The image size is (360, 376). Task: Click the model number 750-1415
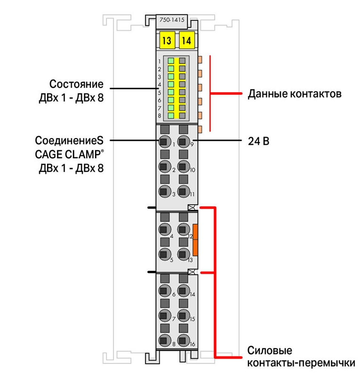(172, 20)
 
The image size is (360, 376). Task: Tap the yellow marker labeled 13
(167, 40)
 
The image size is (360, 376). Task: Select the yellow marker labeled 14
(187, 40)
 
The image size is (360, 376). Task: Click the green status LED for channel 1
(171, 61)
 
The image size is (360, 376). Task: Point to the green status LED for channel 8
(171, 115)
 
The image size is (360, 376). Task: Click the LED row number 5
(160, 93)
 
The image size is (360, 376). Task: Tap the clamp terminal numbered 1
(165, 141)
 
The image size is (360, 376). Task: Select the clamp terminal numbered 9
(183, 141)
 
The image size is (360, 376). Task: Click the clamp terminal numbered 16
(183, 340)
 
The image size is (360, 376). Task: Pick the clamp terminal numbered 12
(183, 229)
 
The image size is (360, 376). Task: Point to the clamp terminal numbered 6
(165, 290)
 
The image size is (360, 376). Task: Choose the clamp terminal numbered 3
(165, 191)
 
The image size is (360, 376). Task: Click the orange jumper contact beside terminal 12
(195, 240)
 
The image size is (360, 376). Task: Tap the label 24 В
(258, 141)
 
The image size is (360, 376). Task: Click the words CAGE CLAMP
(68, 155)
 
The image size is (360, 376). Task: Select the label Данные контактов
(295, 94)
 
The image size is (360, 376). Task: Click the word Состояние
(76, 84)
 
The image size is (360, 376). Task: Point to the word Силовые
(270, 351)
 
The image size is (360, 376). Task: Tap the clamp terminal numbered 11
(183, 191)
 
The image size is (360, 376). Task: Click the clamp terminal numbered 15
(183, 315)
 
